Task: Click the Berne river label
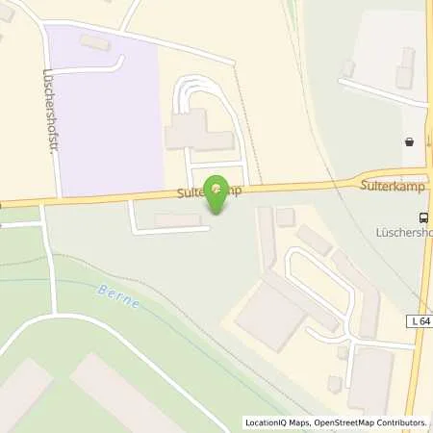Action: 117,296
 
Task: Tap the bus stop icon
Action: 422,216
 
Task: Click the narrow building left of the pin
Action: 178,220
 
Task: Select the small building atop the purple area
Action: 95,42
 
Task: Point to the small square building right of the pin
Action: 285,217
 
